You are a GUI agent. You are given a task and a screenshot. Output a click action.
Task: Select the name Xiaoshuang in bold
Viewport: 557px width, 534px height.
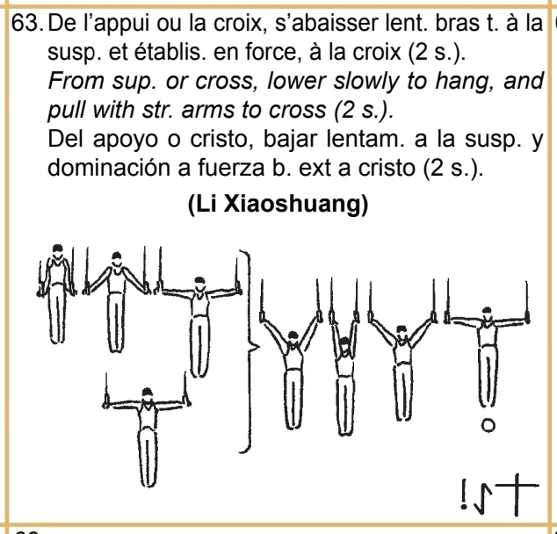point(295,205)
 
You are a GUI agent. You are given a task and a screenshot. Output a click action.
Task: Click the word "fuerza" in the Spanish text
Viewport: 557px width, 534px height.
point(230,167)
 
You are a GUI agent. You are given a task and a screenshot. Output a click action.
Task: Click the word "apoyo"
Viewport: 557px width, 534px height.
point(125,140)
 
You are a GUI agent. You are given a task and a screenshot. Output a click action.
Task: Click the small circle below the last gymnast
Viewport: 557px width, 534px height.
point(488,425)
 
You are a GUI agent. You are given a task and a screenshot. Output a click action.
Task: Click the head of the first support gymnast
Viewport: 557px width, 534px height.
point(58,250)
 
